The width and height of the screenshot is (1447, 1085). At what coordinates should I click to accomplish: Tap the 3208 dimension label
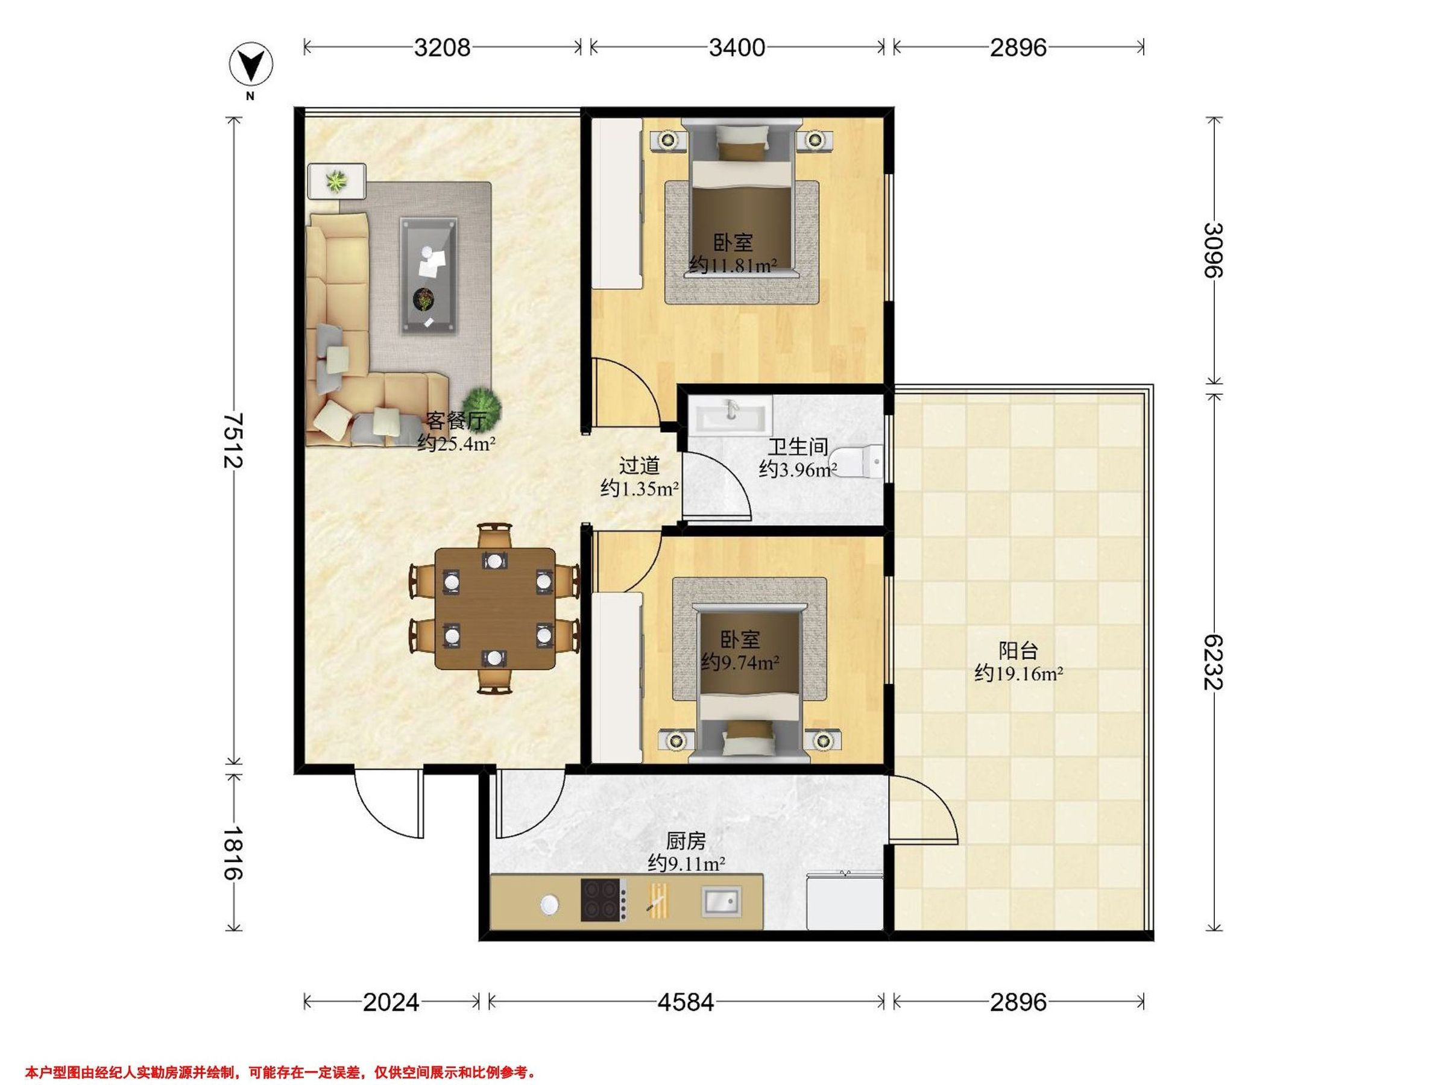point(442,48)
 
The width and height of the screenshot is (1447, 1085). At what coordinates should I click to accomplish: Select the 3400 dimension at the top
point(737,48)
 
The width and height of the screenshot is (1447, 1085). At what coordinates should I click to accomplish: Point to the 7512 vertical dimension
point(233,440)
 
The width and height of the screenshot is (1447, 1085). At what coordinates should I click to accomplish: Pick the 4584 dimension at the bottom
point(686,1002)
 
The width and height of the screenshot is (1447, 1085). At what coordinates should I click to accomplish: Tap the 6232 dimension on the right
point(1214,661)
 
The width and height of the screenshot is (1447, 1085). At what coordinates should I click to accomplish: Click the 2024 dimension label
point(391,1002)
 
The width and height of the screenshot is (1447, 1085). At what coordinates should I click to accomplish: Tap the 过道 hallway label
point(639,466)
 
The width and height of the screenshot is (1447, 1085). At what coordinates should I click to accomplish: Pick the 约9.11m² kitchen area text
point(686,864)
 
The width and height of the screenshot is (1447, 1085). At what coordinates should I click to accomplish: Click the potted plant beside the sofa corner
point(482,406)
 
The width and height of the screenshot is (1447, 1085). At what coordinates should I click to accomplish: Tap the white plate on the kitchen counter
point(549,905)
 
